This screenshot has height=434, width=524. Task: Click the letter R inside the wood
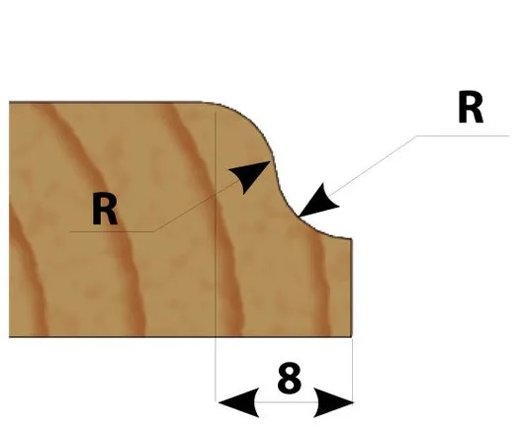click(x=105, y=210)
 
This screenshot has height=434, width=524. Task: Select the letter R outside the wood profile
click(x=471, y=108)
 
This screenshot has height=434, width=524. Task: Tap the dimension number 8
click(x=290, y=379)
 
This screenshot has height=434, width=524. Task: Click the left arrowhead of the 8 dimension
click(x=238, y=402)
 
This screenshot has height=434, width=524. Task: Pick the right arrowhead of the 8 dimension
click(x=333, y=402)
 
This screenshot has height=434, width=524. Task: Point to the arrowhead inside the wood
click(x=251, y=176)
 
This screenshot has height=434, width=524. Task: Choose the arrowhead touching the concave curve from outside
click(x=317, y=201)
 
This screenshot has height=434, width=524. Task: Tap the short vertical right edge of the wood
click(x=352, y=288)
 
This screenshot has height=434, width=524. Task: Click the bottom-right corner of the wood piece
click(x=352, y=337)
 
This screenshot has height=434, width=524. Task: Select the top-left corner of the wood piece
click(x=9, y=102)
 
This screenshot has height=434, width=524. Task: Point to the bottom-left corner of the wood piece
click(x=9, y=336)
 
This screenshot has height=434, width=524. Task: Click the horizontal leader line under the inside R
click(x=112, y=231)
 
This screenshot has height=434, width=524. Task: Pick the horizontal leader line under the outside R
click(x=463, y=136)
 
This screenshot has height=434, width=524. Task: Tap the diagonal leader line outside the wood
click(x=371, y=166)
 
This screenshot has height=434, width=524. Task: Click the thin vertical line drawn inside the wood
click(x=216, y=223)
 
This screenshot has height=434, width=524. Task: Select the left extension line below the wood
click(x=216, y=369)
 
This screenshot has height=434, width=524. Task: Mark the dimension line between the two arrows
click(x=286, y=402)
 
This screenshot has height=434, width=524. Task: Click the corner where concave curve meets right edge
click(x=351, y=238)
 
